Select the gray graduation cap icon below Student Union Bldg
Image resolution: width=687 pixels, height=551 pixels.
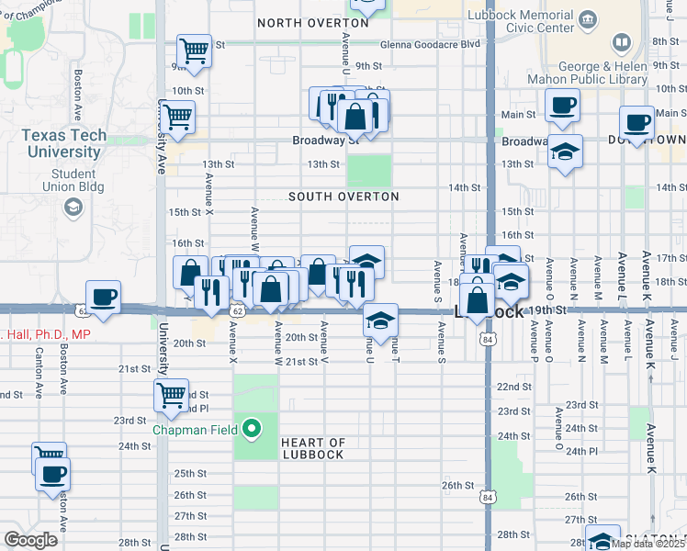point(71,208)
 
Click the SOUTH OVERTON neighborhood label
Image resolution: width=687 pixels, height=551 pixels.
point(343,197)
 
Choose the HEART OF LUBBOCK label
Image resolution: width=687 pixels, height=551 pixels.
point(312,448)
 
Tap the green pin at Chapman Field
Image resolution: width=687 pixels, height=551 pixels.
point(251,428)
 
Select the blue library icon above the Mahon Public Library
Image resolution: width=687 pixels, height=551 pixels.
point(622,43)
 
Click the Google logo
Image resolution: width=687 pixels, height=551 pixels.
point(30,540)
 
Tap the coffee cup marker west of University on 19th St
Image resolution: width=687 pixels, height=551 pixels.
point(104,297)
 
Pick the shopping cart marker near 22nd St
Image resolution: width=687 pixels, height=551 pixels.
point(172,396)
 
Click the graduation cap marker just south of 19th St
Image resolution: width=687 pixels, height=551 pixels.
point(379,320)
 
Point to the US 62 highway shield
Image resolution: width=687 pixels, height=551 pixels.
point(237,312)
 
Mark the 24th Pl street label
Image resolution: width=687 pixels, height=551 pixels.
point(581,451)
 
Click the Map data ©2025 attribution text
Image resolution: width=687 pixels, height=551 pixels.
point(648,544)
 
